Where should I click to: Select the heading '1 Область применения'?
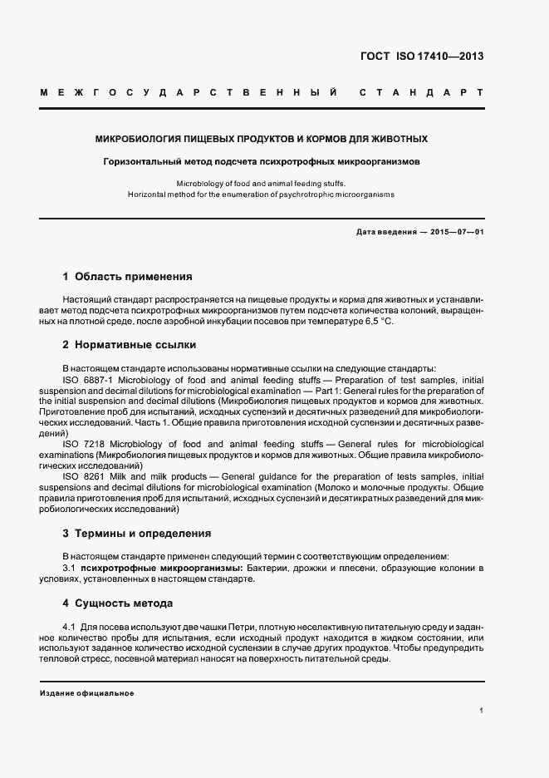[127, 276]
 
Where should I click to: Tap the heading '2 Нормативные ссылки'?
[129, 344]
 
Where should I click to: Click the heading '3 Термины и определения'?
[136, 533]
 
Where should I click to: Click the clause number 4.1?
[69, 626]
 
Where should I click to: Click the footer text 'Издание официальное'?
[86, 692]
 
